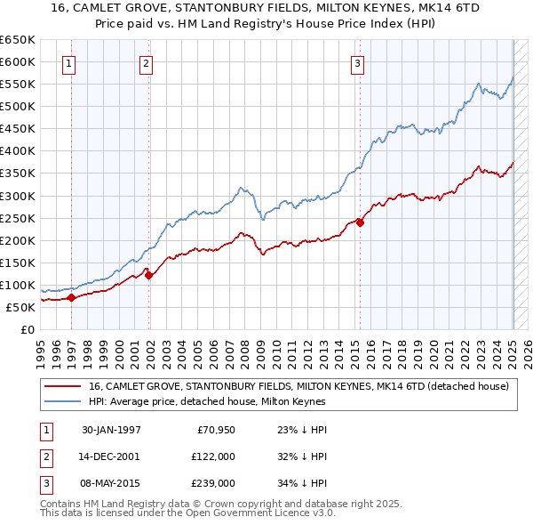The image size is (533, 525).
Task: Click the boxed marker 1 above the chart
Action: tap(69, 63)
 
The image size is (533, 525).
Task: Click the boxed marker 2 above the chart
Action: tap(146, 63)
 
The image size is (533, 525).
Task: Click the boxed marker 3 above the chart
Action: tap(357, 63)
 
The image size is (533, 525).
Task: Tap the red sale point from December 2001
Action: tap(149, 275)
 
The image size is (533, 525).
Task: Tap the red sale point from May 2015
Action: tap(361, 222)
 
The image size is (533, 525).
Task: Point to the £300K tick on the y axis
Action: tap(18, 196)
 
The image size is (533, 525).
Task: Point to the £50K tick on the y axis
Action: tap(20, 307)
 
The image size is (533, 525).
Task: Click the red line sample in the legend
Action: tap(62, 386)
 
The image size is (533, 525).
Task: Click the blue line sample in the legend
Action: tap(62, 400)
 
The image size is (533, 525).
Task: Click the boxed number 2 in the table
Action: tap(44, 456)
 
